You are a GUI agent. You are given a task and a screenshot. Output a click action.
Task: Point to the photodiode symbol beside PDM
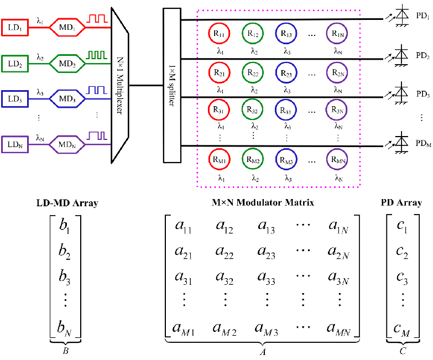pos(398,143)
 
